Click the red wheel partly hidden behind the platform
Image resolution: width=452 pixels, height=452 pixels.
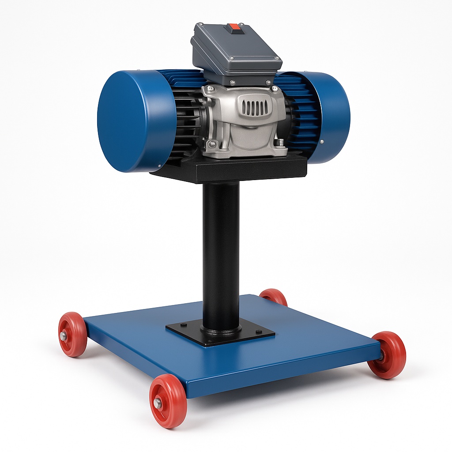(274, 297)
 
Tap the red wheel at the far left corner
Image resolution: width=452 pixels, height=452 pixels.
(72, 334)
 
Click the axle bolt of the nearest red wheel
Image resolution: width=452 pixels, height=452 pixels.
(158, 402)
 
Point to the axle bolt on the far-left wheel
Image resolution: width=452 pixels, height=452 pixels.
(64, 336)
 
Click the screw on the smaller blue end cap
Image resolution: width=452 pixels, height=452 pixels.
(321, 141)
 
